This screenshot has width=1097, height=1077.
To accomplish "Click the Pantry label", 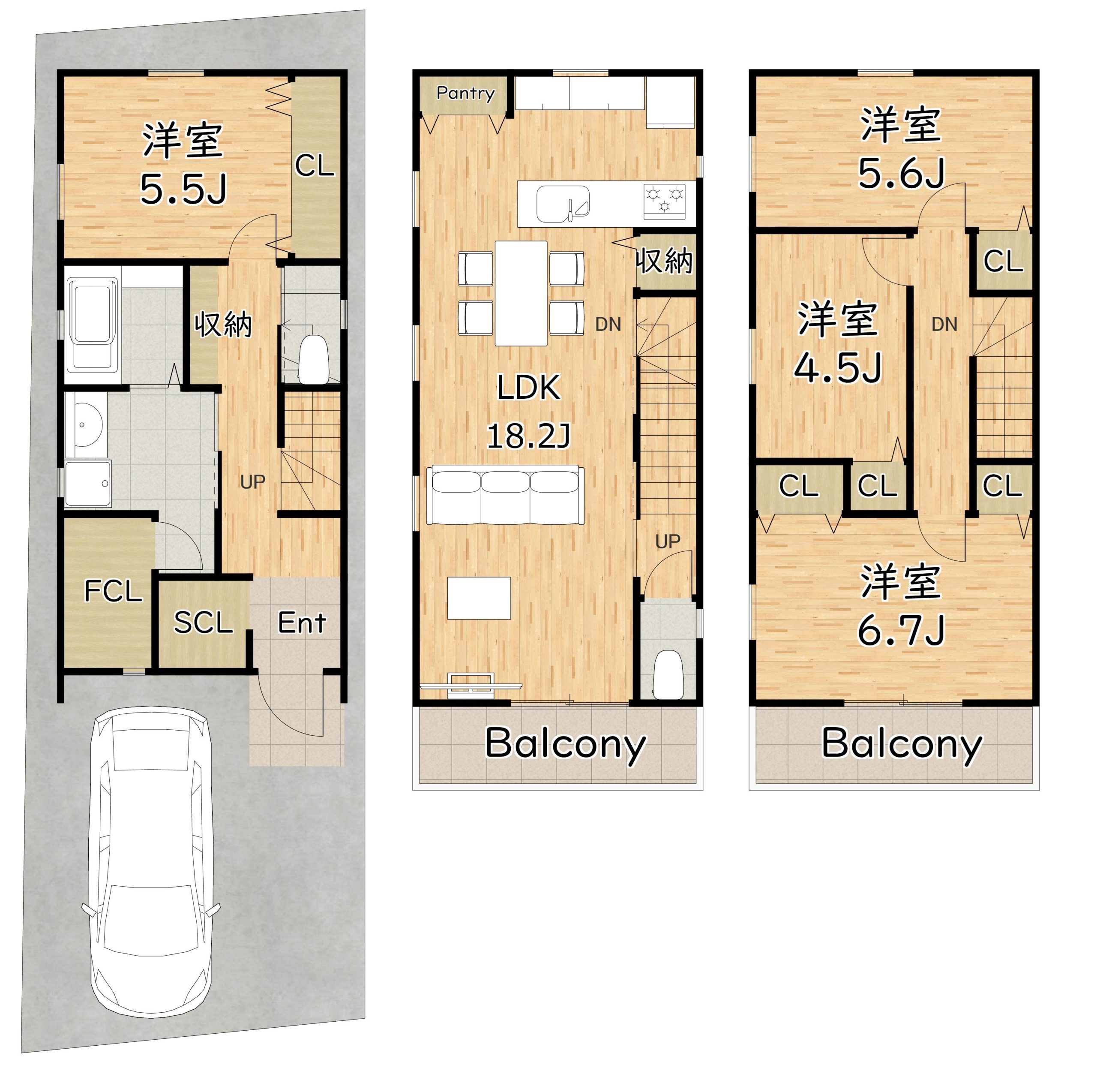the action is click(465, 93).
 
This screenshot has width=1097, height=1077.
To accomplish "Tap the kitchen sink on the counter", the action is click(562, 204).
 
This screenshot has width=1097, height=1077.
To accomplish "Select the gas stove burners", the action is click(665, 201).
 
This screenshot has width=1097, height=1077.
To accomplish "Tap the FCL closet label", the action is click(113, 592).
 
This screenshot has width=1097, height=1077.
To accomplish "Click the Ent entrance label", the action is click(302, 623).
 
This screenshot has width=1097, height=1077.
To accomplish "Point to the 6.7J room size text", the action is click(900, 631).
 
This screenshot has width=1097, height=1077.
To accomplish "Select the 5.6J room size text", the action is click(901, 173).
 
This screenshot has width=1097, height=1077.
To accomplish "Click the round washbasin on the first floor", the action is click(85, 424).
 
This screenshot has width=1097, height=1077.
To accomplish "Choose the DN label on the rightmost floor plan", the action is click(944, 324).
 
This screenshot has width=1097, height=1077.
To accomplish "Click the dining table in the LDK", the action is click(521, 293).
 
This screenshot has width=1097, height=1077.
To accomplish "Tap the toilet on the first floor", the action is click(313, 360).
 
